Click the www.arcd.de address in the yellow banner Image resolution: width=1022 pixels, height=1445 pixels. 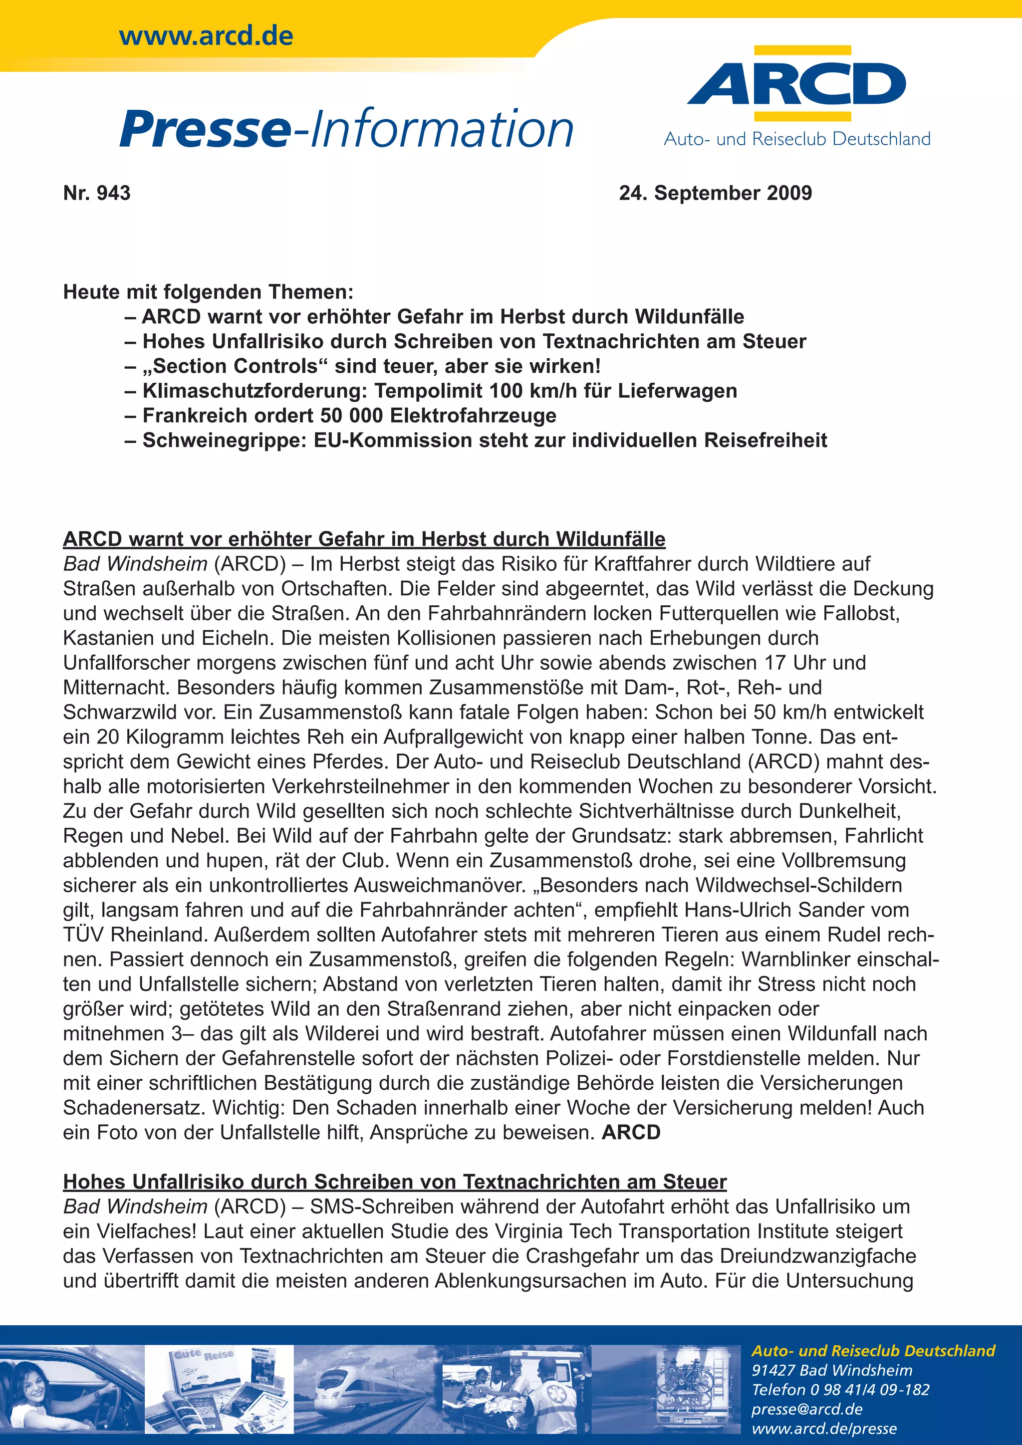coord(206,36)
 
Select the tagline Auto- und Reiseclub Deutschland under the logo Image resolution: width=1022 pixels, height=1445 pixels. coord(797,139)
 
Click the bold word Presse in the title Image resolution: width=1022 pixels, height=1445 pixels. coord(205,130)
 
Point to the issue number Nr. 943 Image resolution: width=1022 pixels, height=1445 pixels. coord(97,193)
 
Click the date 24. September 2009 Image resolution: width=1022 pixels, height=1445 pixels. coord(715,193)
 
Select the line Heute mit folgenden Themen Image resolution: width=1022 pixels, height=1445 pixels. coord(208,292)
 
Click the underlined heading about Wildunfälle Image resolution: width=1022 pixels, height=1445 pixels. coord(364,539)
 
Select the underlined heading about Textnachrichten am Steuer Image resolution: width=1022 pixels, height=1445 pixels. coord(395,1182)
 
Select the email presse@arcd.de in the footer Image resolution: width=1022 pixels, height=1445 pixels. coord(806,1409)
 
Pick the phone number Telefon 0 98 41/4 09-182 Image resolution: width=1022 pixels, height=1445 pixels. coord(840,1390)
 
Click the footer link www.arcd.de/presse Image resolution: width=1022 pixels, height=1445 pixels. coord(824,1429)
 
